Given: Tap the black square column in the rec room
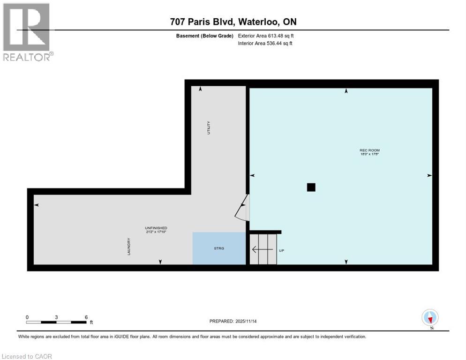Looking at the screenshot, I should coord(311,187).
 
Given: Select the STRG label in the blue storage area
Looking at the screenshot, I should coord(219,248).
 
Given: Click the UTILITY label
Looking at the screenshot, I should coord(209,128).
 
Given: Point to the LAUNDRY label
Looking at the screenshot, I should coord(128,247).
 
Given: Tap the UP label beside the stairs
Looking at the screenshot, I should coord(281,250).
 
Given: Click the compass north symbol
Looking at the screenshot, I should coord(430,317).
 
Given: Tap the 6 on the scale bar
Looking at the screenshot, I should coord(86,317).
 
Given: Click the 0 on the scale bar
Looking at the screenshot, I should coord(27,317).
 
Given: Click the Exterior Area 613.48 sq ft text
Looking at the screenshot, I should coord(266,36).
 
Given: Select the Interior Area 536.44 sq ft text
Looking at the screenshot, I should coord(265,44).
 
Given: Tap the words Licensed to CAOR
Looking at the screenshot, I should coord(27,356).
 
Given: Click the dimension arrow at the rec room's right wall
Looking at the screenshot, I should coord(429,175).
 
